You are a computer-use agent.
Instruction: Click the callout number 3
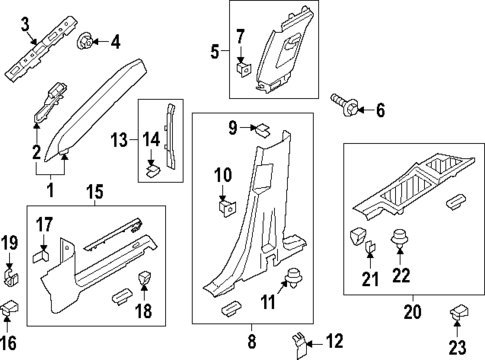(x=26, y=22)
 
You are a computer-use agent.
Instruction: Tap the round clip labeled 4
(x=85, y=42)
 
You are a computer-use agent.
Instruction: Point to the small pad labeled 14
(x=151, y=168)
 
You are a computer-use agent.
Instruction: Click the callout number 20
(x=411, y=311)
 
